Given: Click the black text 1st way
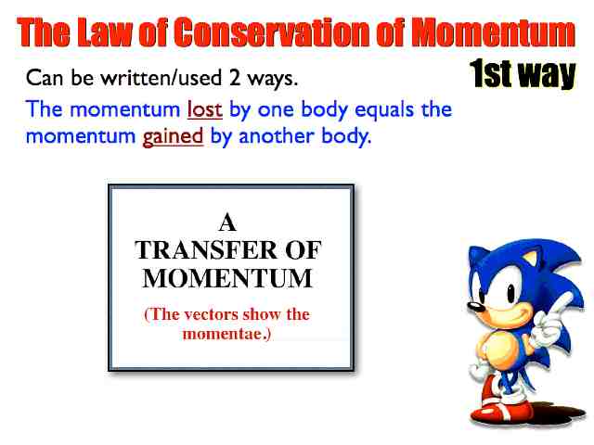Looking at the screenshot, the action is [523, 73].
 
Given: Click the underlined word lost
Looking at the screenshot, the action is [204, 109].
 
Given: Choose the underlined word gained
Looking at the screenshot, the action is [174, 137].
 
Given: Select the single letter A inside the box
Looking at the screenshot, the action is [227, 222].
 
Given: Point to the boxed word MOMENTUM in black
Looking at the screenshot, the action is [227, 278].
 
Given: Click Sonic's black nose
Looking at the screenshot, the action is [472, 306].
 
